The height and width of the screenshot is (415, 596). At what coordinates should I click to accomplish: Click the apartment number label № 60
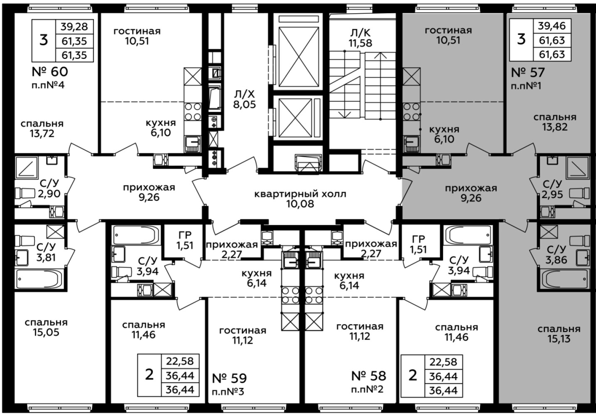(50, 72)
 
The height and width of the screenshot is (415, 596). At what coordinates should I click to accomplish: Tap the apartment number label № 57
(528, 72)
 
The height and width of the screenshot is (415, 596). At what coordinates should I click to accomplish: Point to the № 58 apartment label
(369, 376)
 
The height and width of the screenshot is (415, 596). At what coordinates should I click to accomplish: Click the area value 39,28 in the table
(74, 27)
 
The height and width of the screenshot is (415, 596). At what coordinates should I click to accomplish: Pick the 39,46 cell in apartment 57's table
(552, 26)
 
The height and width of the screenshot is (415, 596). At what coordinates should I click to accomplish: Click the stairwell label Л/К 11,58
(360, 38)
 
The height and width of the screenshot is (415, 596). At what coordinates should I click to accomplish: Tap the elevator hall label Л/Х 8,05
(244, 99)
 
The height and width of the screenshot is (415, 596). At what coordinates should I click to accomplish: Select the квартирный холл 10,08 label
(300, 199)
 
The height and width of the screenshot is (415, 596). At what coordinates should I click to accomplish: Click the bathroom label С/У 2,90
(49, 189)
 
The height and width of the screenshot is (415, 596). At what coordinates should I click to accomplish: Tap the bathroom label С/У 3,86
(557, 254)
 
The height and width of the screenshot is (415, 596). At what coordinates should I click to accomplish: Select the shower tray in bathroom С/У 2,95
(578, 167)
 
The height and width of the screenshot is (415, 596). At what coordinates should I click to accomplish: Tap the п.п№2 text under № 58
(367, 390)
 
